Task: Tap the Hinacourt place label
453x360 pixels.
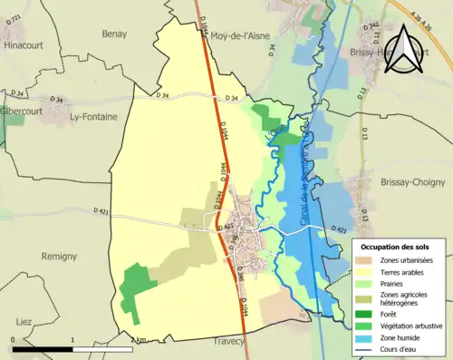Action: click(23, 44)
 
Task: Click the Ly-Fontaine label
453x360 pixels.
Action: click(96, 117)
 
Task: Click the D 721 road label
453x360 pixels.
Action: click(12, 17)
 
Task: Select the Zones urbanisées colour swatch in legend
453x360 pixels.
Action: click(367, 260)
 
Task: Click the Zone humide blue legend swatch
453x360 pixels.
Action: click(367, 337)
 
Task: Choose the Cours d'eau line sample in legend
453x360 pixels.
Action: click(367, 350)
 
